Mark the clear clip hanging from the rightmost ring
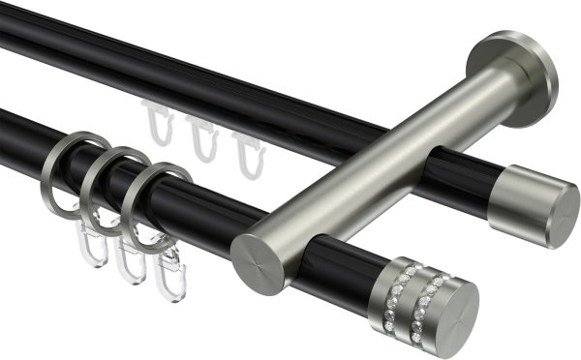(x=170, y=277)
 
